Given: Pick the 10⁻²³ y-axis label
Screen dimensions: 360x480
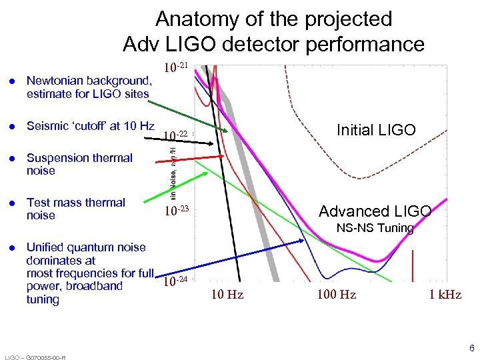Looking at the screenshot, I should (x=176, y=212).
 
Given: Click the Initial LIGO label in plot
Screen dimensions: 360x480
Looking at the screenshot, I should (x=376, y=130).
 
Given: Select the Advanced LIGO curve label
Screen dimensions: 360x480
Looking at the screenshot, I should (x=375, y=211).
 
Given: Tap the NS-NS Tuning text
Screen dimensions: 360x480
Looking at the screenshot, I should (x=375, y=229).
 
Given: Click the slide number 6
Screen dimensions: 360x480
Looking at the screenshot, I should (x=471, y=348).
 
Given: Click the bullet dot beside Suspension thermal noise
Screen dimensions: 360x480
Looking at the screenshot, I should (x=11, y=159).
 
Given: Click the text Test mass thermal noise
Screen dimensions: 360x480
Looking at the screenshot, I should (x=75, y=209).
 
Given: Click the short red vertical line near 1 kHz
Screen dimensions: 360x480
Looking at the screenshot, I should (x=414, y=264).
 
